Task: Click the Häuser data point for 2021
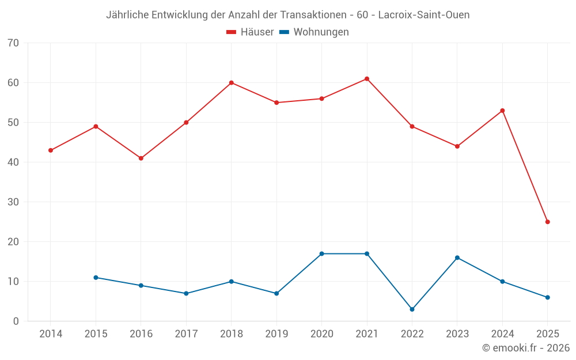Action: point(367,79)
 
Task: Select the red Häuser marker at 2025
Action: point(548,222)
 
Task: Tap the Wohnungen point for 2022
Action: point(412,309)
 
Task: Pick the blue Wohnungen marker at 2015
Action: point(96,278)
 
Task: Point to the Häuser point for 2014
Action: point(51,150)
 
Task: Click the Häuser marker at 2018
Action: point(231,83)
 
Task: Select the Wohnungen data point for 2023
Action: point(457,257)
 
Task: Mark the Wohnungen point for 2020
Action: point(321,253)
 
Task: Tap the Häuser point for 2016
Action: point(141,158)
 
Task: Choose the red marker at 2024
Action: point(502,111)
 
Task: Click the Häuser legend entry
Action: point(250,32)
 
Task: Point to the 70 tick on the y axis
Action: point(13,43)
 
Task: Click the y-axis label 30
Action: point(13,202)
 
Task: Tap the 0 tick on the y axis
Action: point(16,321)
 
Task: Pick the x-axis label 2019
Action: point(276,334)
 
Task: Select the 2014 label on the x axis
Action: point(51,334)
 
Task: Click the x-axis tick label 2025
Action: point(548,334)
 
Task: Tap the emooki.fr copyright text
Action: point(525,348)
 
